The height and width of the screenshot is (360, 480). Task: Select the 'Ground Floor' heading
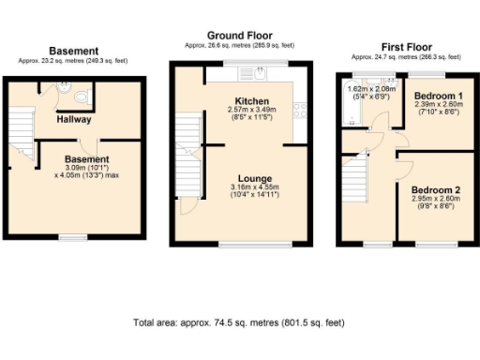(240, 34)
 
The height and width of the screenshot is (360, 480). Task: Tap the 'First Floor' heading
(406, 45)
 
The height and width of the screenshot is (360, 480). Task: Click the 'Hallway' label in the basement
(72, 120)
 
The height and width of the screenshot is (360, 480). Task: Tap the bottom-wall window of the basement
(72, 238)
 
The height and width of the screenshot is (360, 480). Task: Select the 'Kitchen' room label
(252, 100)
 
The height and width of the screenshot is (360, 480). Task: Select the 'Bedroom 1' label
(437, 97)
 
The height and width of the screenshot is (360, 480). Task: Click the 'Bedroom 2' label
(435, 187)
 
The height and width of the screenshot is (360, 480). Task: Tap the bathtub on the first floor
(360, 103)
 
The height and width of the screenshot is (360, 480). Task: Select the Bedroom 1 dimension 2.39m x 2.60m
(437, 105)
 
